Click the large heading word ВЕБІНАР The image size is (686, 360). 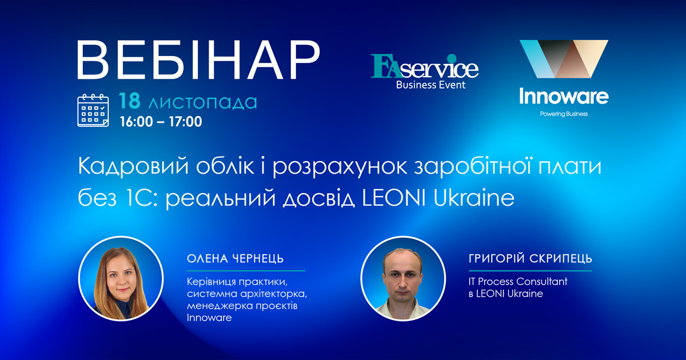click(197, 62)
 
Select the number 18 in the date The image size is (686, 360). click(130, 102)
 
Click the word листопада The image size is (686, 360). click(202, 103)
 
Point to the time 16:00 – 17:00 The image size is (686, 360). click(161, 122)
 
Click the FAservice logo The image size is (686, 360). click(424, 67)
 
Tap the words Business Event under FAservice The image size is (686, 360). click(431, 85)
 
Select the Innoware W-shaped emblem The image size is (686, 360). click(563, 59)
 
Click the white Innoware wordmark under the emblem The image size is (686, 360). click(563, 97)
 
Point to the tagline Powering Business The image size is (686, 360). click(564, 114)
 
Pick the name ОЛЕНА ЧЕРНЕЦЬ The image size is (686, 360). click(235, 259)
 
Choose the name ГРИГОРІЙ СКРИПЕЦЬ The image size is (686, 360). click(529, 259)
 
